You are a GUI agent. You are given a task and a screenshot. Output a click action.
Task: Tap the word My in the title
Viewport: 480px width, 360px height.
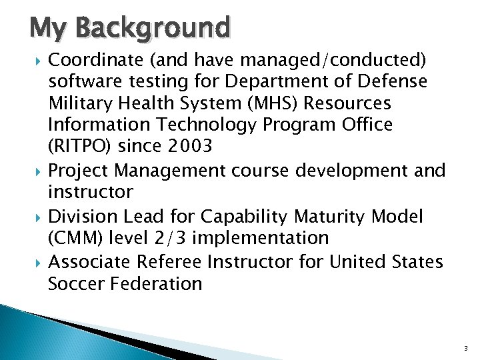[x=51, y=29]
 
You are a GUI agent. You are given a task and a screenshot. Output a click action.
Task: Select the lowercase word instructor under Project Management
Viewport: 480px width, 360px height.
[x=91, y=193]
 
